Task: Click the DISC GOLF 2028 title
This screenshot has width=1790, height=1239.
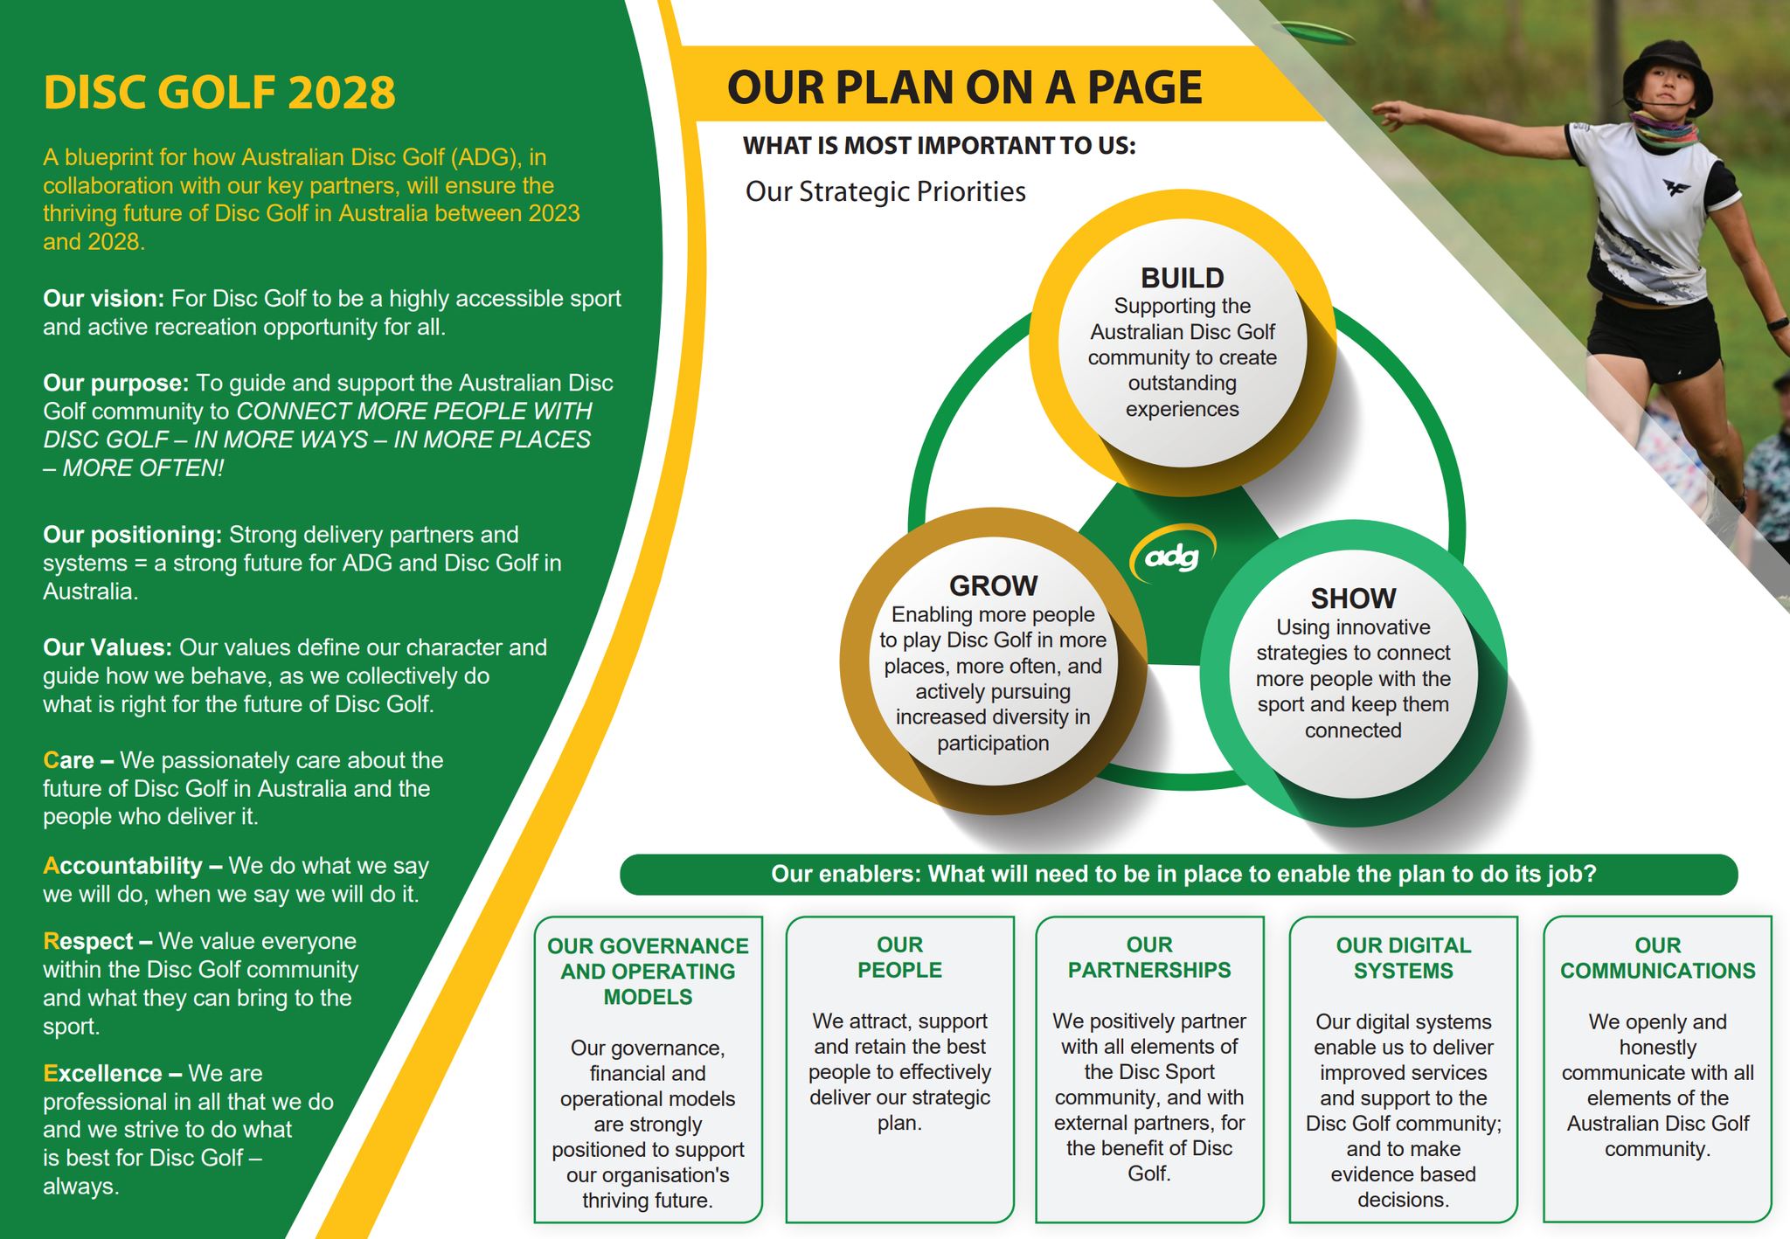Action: tap(219, 93)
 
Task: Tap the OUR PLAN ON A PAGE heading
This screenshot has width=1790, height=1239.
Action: tap(964, 87)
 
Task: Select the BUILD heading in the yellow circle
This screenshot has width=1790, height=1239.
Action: tap(1182, 278)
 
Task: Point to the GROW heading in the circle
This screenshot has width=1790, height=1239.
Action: tap(994, 585)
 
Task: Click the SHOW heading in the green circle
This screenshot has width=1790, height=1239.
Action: tap(1353, 599)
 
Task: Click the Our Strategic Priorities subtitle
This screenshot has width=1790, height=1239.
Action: tap(885, 191)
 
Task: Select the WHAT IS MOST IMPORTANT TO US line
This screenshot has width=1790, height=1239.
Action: tap(940, 145)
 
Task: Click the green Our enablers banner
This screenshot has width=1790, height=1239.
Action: tap(1178, 874)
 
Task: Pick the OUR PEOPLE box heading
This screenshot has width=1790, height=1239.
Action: tap(899, 958)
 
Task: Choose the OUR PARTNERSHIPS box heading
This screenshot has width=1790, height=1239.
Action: tap(1149, 958)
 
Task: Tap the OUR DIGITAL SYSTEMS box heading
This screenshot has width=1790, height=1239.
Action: tap(1404, 958)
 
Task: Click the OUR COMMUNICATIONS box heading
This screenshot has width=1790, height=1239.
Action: tap(1657, 958)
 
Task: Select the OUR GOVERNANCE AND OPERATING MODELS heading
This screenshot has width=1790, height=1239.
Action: tap(648, 971)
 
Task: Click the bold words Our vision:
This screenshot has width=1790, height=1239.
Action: tap(104, 299)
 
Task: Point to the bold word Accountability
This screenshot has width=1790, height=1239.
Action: tap(122, 866)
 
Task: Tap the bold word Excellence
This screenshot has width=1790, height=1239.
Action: tap(102, 1073)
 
